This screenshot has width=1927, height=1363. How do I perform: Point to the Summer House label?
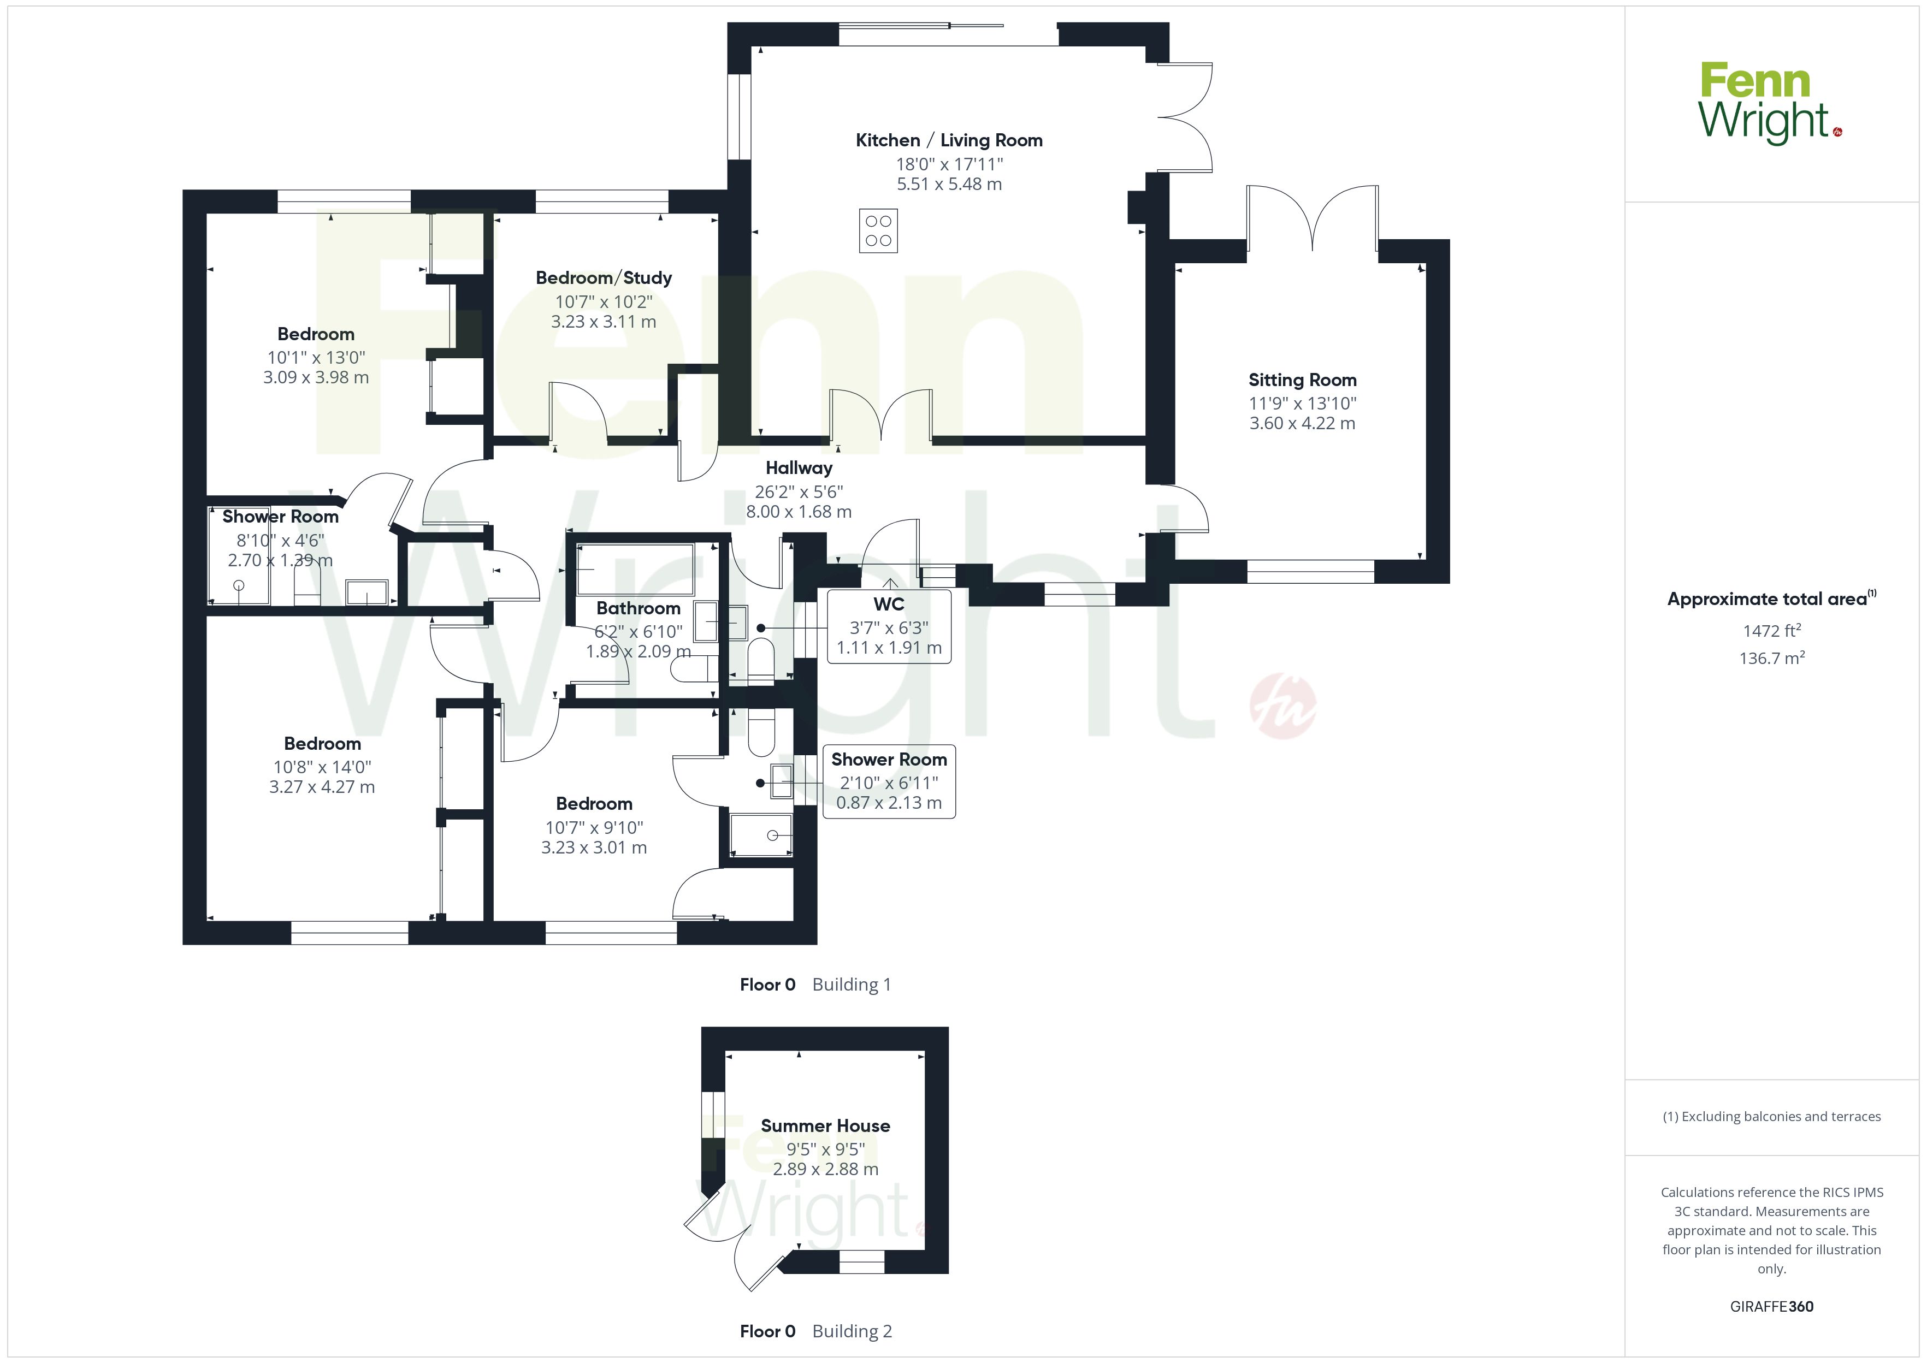tap(825, 1125)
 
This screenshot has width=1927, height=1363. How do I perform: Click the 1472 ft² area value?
tap(1772, 630)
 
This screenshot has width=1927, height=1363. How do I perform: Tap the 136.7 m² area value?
tap(1772, 658)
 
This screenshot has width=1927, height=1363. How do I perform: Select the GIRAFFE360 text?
tap(1772, 1307)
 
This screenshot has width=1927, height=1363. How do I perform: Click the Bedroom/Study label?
tap(604, 278)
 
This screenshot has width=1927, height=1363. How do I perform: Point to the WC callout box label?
tap(889, 605)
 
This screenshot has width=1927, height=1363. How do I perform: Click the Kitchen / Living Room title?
tap(949, 140)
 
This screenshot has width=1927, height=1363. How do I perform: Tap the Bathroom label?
tap(638, 608)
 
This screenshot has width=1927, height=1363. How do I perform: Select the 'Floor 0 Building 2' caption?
tap(816, 1331)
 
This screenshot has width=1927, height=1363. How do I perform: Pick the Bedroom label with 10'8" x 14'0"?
tap(322, 744)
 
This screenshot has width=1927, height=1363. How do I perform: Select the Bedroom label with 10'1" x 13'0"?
tap(316, 334)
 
